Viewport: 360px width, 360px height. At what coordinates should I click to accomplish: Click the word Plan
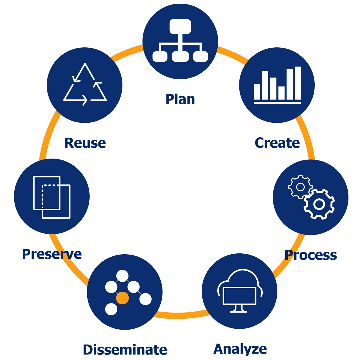click(x=180, y=99)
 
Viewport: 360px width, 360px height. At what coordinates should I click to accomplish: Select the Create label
click(x=277, y=143)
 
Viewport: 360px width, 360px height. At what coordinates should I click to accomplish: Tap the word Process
click(x=310, y=255)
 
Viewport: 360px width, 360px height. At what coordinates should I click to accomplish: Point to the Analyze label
click(x=240, y=349)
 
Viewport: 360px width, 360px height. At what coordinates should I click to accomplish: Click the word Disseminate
click(x=125, y=350)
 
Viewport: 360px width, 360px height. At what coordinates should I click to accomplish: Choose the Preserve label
click(x=52, y=254)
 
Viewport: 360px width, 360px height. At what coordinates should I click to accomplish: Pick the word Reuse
click(x=85, y=143)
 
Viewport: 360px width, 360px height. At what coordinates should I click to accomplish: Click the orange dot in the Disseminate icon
click(x=122, y=298)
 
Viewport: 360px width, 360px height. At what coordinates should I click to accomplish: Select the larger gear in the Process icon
click(x=319, y=204)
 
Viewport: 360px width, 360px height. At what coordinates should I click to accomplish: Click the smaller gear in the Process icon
click(x=300, y=187)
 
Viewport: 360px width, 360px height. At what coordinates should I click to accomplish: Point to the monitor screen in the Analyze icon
click(x=239, y=296)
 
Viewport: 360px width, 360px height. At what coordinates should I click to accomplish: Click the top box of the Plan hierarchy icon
click(x=180, y=26)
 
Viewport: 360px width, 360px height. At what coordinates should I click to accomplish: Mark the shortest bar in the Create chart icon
click(x=281, y=93)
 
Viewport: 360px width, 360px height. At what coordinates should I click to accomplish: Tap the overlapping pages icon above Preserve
click(x=52, y=197)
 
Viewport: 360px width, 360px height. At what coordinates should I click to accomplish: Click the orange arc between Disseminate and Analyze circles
click(x=179, y=316)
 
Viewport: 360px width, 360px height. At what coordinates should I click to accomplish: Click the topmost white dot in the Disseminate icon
click(x=122, y=276)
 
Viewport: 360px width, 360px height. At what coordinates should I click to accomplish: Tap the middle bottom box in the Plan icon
click(x=180, y=57)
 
